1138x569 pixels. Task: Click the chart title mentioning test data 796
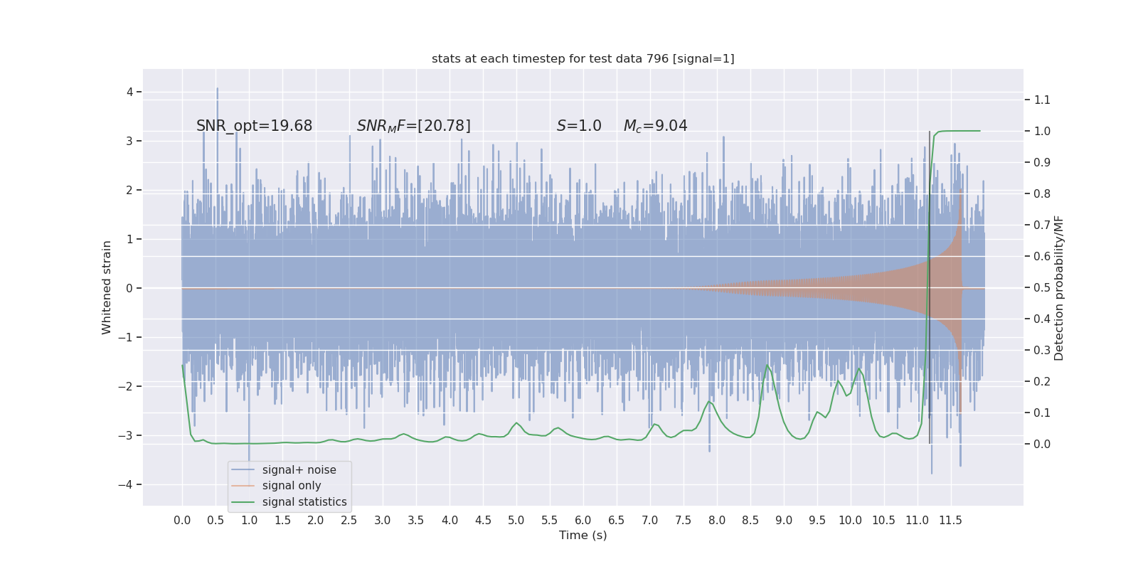(583, 58)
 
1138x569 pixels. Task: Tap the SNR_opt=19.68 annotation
(254, 126)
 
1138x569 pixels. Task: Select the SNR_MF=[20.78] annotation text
(413, 126)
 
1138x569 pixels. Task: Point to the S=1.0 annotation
(578, 126)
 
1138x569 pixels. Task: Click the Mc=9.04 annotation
(655, 126)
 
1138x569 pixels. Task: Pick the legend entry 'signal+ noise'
(299, 470)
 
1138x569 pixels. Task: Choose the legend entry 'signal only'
(291, 486)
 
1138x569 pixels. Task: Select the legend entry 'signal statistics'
(304, 502)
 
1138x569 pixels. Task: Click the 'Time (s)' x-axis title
(583, 535)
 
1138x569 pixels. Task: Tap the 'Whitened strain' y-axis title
(107, 287)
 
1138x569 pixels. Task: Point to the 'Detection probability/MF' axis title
(1059, 288)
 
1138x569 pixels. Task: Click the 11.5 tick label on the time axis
(950, 520)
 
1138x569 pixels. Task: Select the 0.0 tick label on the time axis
(182, 520)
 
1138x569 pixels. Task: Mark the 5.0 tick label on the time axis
(516, 520)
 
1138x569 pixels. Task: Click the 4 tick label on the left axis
(129, 92)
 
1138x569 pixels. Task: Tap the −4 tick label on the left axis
(127, 484)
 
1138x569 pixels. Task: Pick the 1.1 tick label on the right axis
(1042, 100)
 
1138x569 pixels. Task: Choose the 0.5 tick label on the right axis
(1042, 287)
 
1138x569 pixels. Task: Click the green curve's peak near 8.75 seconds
(767, 366)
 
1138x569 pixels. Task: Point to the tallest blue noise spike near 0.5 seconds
(217, 90)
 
